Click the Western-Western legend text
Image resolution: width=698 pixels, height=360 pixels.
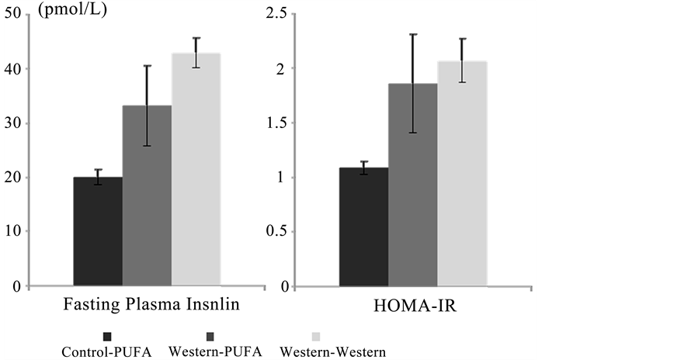point(332,351)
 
